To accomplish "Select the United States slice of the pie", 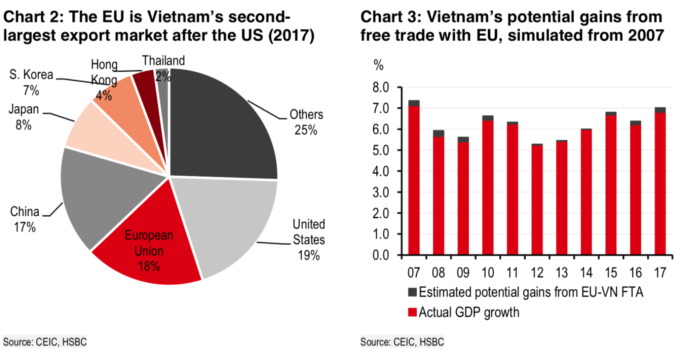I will point(230,221).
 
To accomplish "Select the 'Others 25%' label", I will point(306,122).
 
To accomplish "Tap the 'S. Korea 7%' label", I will point(31,82).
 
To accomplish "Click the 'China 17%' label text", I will point(25,219).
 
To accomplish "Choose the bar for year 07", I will point(414,179).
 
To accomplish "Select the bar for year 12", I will point(537,200).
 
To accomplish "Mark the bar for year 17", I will point(660,183).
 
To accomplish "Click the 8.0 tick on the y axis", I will point(381,87).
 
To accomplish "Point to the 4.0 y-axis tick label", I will point(381,171).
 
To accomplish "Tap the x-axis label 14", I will point(586,273).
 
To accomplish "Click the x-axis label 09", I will point(463,273).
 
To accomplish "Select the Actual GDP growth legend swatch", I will point(412,312).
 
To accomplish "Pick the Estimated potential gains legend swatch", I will point(412,292).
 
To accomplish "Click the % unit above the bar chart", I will point(378,65).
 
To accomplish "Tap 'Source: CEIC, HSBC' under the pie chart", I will point(45,342).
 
